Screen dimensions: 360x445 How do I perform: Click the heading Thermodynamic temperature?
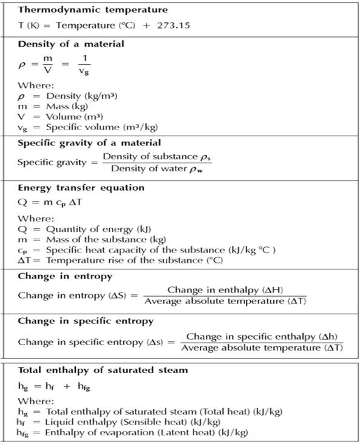(x=93, y=10)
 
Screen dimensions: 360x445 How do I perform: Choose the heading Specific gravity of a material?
(x=89, y=143)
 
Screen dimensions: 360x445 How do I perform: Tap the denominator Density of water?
(x=158, y=168)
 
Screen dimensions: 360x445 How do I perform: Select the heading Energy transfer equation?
(x=81, y=188)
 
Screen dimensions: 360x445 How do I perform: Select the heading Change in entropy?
(x=65, y=277)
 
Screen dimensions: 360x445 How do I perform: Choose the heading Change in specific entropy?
(x=85, y=321)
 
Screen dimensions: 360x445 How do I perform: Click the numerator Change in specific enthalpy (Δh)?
(x=262, y=336)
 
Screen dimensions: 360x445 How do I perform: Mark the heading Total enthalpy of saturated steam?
(x=102, y=370)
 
